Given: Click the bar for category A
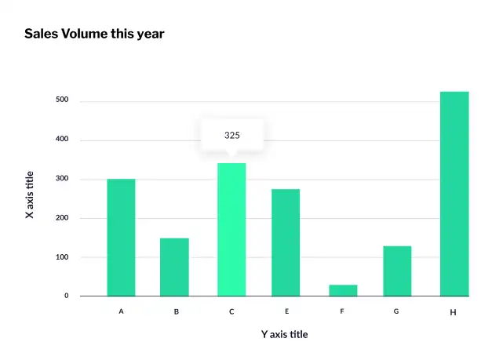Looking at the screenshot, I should (x=121, y=237).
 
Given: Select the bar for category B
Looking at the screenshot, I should (x=174, y=267).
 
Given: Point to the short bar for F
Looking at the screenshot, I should (x=343, y=290).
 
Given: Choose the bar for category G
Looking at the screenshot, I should (x=397, y=271).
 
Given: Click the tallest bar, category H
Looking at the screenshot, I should (x=454, y=194).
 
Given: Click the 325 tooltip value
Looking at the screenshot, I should (x=232, y=135).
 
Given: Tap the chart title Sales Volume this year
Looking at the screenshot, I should (x=94, y=34).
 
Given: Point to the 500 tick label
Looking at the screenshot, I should (x=62, y=100).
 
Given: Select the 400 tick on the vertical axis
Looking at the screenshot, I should (x=62, y=140).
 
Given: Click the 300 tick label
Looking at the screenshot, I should (x=62, y=179).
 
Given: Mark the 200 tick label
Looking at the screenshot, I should (x=62, y=218).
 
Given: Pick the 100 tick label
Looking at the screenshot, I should (x=62, y=257).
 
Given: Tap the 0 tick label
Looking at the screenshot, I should (x=66, y=296).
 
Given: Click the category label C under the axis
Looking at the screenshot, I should (x=231, y=311).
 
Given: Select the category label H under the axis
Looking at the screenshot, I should (x=453, y=312).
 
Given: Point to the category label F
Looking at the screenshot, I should (x=342, y=311).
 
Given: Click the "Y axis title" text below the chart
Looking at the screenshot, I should (x=285, y=334).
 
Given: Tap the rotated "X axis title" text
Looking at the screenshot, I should (x=30, y=195).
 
